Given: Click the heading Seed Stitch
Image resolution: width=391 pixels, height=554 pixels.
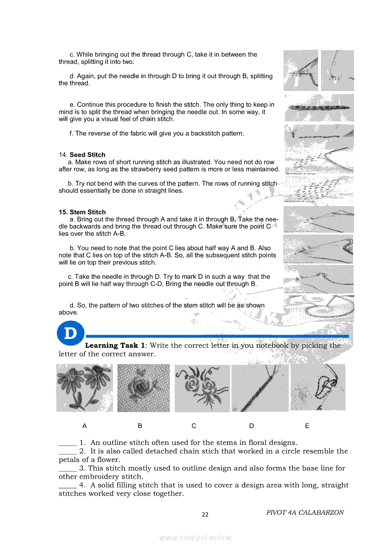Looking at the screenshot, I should tap(88, 155).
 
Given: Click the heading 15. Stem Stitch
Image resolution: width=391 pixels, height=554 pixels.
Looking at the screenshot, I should tap(82, 212).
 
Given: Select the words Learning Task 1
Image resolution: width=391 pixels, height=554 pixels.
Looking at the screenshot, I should tap(115, 345).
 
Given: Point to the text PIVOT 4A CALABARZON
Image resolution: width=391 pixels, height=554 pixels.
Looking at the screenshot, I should tap(305, 512).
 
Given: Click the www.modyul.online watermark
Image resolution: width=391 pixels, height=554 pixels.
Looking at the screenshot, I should tap(195, 537).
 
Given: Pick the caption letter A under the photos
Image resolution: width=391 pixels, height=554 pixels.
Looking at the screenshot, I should tap(84, 426).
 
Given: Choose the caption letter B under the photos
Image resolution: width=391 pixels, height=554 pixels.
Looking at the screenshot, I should tap(140, 426).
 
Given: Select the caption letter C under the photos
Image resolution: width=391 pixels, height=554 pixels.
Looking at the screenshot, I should tap(194, 426).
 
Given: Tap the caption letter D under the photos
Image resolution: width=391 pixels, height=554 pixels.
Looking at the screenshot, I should tap(251, 426).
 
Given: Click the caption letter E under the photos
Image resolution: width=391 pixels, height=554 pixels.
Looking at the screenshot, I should tap(307, 426).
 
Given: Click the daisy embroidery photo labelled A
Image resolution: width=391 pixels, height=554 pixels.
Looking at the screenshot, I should tap(84, 388).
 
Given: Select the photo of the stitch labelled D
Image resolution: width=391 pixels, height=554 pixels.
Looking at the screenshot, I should tap(260, 388).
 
